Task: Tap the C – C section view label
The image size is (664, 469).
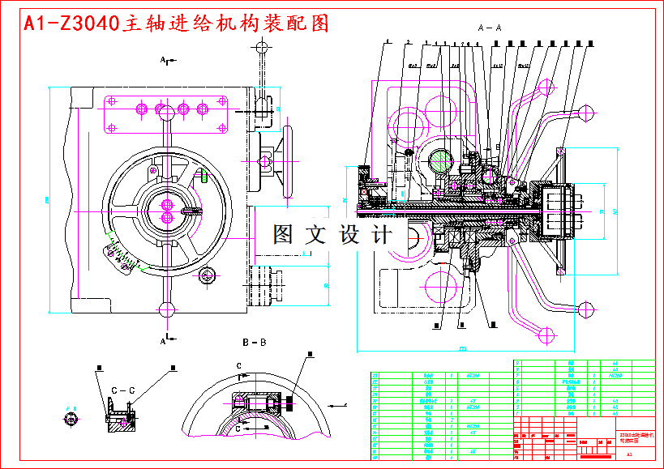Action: (122, 390)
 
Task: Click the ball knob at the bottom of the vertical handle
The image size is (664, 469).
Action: (168, 309)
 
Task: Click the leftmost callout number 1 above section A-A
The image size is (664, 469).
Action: (388, 41)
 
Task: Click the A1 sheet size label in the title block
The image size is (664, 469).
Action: (629, 455)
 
